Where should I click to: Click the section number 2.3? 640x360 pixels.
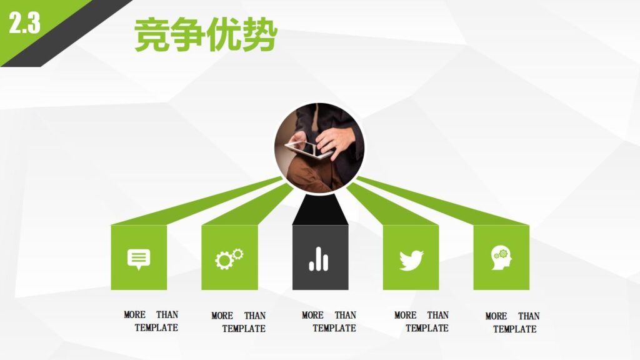coord(24,23)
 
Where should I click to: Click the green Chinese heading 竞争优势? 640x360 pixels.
coord(206,36)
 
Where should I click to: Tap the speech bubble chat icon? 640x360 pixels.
coord(139,258)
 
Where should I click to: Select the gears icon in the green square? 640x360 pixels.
coord(229,258)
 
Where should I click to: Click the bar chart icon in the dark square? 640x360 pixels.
coord(319,258)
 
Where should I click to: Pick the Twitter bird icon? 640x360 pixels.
coord(411,258)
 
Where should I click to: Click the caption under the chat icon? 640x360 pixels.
coord(151,321)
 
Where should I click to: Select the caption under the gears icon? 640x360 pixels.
coord(239,322)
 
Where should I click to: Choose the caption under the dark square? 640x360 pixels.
coord(329,321)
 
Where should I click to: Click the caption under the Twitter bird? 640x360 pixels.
coord(421,321)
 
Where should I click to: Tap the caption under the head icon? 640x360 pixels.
coord(512,322)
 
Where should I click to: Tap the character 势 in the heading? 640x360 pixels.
coord(259,36)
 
